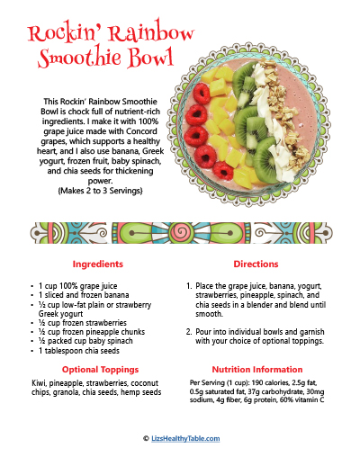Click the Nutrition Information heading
(x=256, y=370)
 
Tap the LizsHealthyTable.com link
(x=184, y=438)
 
